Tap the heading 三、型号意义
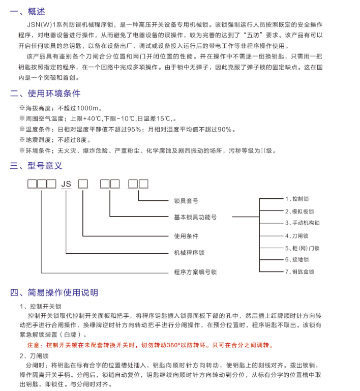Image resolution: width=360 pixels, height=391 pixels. tap(36, 165)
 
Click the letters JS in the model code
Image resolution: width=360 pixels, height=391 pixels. tap(66, 184)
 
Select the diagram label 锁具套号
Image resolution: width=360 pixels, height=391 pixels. tap(186, 201)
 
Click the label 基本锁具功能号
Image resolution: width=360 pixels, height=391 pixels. tap(195, 217)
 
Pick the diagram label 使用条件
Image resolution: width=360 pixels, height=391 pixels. tap(186, 236)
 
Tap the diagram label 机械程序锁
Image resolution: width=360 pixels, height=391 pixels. tap(189, 253)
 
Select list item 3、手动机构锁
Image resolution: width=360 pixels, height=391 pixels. tap(302, 223)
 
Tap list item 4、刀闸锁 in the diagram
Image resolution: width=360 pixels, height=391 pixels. tap(297, 236)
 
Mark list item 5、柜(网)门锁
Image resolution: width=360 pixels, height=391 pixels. tap(302, 248)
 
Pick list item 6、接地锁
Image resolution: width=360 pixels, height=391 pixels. tap(297, 260)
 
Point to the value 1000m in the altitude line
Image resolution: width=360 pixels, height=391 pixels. tap(91, 108)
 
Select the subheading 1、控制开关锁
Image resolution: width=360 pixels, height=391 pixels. tap(40, 307)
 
